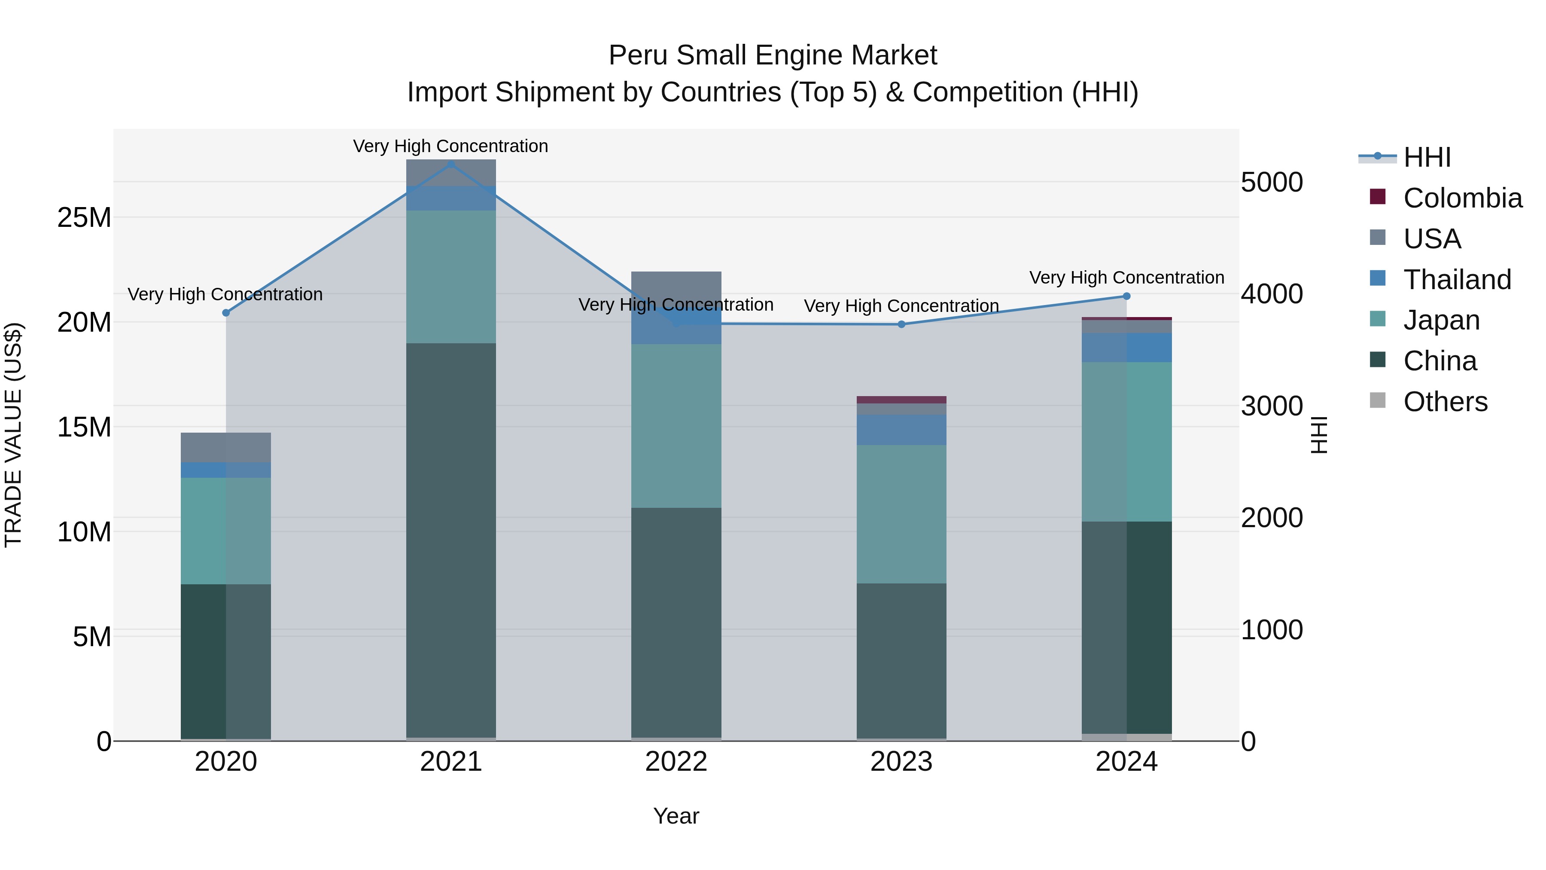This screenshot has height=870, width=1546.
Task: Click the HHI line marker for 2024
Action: click(x=1126, y=296)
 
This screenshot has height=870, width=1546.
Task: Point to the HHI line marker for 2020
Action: click(x=225, y=313)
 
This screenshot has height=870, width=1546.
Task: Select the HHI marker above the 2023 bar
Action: click(x=901, y=324)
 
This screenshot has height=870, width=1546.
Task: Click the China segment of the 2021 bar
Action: click(x=451, y=540)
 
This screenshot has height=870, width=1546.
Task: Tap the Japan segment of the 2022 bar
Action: click(x=676, y=426)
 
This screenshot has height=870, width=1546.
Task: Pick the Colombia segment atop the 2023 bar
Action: click(x=901, y=400)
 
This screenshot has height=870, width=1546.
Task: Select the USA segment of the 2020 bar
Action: click(x=225, y=447)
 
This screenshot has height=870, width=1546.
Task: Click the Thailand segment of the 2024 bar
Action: click(x=1126, y=348)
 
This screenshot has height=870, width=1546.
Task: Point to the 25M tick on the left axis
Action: click(x=84, y=217)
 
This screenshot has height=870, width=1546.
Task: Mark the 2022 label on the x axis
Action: click(x=676, y=762)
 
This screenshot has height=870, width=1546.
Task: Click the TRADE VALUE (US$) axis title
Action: click(x=13, y=435)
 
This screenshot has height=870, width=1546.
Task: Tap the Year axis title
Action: click(x=676, y=816)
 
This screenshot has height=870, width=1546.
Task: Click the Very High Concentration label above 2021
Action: click(x=451, y=146)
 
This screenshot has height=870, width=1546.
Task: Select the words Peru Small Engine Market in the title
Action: click(x=773, y=55)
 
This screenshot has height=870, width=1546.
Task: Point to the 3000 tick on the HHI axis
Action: click(x=1271, y=406)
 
